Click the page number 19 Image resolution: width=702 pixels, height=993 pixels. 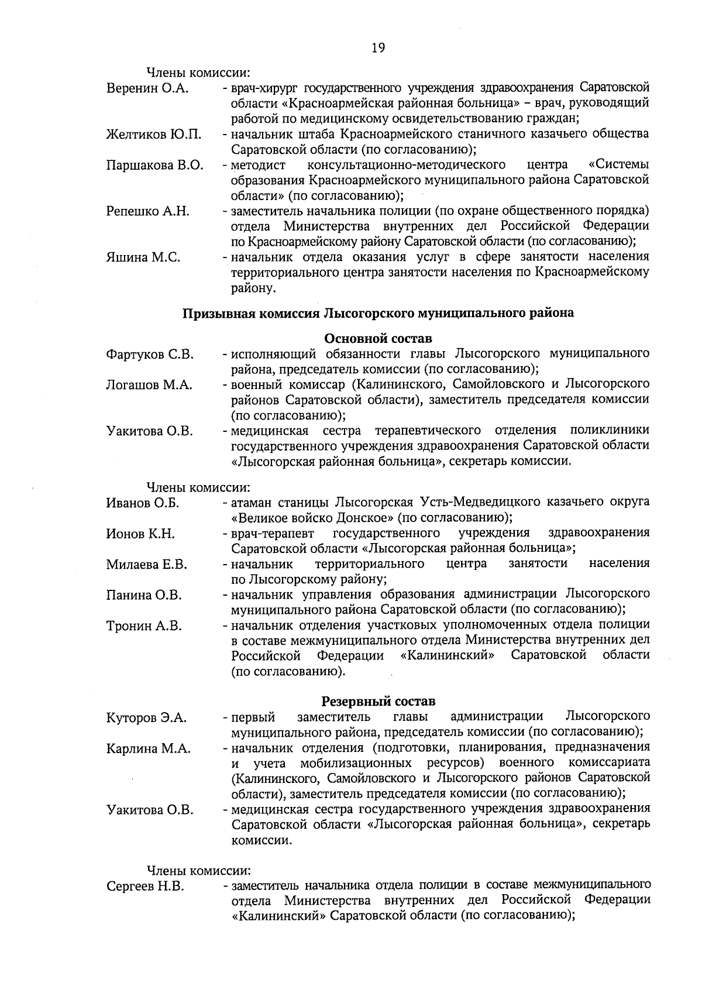pos(377,49)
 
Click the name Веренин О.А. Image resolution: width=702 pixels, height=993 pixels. pos(147,89)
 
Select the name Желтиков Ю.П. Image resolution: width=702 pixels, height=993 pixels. pos(154,135)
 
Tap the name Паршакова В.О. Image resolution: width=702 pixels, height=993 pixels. pos(154,165)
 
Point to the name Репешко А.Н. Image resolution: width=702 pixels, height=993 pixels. pos(147,211)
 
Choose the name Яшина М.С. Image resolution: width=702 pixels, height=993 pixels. pos(143,257)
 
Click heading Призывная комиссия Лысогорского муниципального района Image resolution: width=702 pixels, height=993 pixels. pos(378,314)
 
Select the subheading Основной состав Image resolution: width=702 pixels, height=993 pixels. pos(378,339)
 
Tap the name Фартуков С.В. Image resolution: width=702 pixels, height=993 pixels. pos(150,355)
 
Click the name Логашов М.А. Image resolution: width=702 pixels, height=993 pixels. pos(149,386)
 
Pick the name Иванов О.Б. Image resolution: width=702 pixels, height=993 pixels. pos(143,503)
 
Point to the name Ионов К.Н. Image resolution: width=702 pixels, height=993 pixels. pos(140,534)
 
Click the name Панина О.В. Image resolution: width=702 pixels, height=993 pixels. pos(144,596)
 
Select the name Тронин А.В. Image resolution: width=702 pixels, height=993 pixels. pos(144,626)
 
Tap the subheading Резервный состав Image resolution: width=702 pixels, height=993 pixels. pos(378,701)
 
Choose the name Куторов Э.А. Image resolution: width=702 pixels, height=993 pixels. pos(146,718)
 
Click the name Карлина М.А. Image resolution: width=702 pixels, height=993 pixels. pos(149,748)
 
